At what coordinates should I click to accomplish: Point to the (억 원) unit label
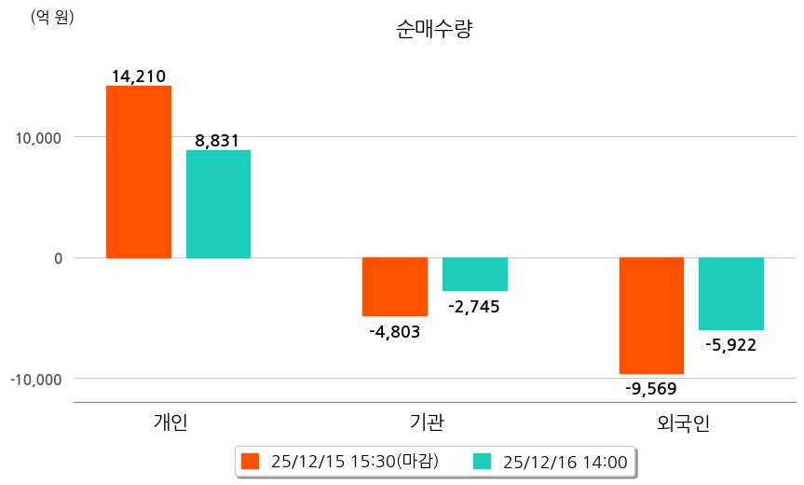(x=52, y=17)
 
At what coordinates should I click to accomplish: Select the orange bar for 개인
(x=139, y=172)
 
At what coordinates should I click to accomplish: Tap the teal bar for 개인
(x=218, y=203)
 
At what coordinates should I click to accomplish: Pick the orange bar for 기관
(x=395, y=286)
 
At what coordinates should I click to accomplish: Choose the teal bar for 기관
(x=474, y=274)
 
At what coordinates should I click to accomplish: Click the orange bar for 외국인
(x=651, y=315)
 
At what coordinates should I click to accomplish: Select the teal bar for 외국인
(x=731, y=294)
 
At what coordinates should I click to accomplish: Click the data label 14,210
(x=138, y=76)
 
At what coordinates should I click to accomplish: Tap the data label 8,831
(x=217, y=141)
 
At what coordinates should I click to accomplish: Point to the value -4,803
(x=394, y=330)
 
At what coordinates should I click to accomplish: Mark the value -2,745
(x=474, y=306)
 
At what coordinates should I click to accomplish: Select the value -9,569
(x=651, y=388)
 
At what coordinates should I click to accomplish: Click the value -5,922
(x=731, y=345)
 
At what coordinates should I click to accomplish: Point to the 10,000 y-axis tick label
(x=38, y=137)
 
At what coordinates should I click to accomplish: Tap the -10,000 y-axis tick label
(x=35, y=380)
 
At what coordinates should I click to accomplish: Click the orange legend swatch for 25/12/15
(x=250, y=461)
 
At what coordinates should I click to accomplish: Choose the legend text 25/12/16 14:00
(x=565, y=461)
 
